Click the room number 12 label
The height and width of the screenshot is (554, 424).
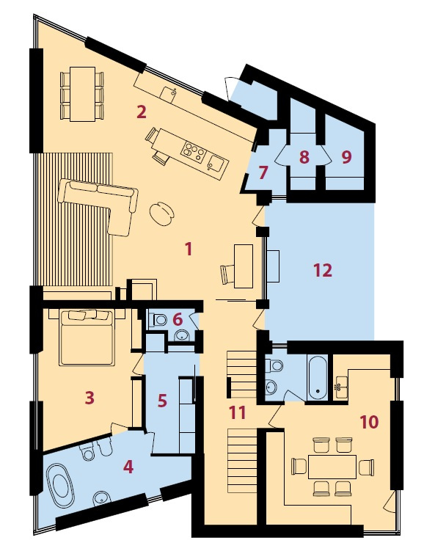click(323, 271)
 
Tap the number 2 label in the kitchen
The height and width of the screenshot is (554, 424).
click(142, 112)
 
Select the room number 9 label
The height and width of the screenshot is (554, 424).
click(347, 157)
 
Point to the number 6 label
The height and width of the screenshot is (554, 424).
click(178, 319)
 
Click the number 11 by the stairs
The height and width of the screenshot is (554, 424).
click(237, 412)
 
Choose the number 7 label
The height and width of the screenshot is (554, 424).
click(263, 173)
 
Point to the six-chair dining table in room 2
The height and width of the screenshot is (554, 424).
click(82, 94)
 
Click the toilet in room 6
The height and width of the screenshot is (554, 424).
click(158, 320)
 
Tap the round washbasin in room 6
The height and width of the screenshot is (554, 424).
click(183, 335)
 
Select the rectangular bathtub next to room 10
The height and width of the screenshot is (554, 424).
click(318, 378)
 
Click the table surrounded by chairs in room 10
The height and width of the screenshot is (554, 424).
click(332, 467)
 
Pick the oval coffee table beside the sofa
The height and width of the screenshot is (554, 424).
click(162, 212)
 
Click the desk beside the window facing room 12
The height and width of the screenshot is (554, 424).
click(244, 266)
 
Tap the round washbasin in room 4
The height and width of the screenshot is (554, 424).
click(101, 499)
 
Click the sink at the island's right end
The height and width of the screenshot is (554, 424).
click(215, 164)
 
